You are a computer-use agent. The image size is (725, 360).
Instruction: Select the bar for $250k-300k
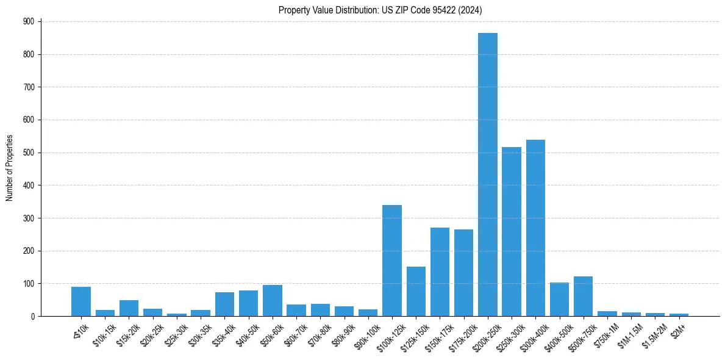(512, 232)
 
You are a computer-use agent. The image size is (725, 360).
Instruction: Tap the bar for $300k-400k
(535, 228)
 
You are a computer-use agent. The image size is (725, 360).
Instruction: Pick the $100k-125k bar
(392, 261)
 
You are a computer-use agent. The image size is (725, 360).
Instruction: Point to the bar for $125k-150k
(416, 292)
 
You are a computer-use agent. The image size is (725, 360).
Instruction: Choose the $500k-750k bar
(583, 297)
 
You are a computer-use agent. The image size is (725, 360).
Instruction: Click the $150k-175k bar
(440, 272)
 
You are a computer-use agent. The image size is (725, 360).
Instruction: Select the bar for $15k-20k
(129, 308)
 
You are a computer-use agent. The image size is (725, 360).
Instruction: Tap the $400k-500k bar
(559, 300)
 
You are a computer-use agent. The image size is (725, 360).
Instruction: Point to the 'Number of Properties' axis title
(10, 168)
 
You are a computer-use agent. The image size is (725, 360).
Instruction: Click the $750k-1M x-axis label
(606, 333)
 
